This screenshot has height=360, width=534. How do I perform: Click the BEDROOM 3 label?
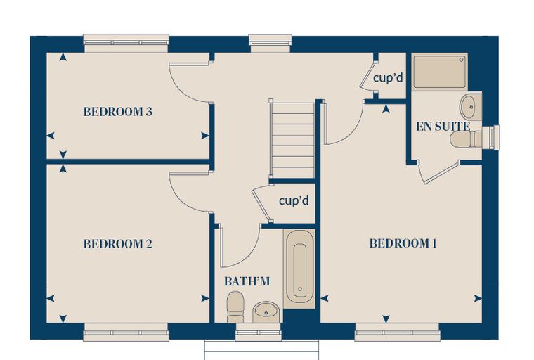click(x=118, y=112)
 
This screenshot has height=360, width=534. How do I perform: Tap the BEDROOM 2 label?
click(x=118, y=244)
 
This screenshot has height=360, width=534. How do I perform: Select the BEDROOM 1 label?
click(x=403, y=243)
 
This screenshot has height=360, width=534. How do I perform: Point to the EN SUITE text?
click(x=443, y=127)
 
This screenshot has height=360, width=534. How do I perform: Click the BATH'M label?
click(x=247, y=281)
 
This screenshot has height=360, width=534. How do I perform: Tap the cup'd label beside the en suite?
click(x=388, y=78)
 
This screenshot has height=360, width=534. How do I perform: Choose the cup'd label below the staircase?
click(x=294, y=200)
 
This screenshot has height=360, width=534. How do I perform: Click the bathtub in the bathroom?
click(x=299, y=269)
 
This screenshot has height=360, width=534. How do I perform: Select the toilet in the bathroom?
click(x=235, y=307)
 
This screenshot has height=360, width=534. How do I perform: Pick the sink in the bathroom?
click(x=266, y=312)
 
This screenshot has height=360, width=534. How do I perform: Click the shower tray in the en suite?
click(x=439, y=72)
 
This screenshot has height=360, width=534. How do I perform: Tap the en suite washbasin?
click(x=471, y=106)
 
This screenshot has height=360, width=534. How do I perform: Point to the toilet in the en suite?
click(x=466, y=139)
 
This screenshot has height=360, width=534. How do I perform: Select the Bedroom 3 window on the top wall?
click(x=126, y=43)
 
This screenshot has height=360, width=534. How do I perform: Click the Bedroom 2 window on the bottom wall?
click(x=126, y=332)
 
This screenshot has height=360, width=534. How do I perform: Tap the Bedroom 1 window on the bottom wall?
click(x=397, y=332)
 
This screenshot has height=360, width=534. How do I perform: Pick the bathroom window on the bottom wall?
click(x=259, y=332)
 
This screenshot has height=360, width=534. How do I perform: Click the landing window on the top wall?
click(x=271, y=43)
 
